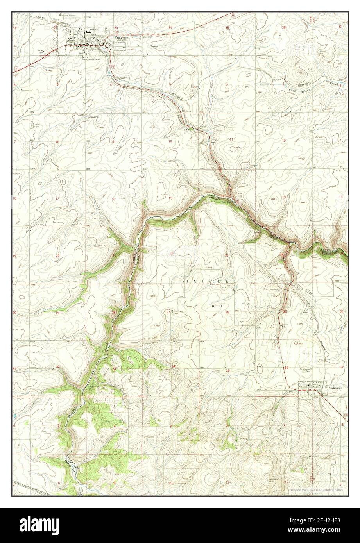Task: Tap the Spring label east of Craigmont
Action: (154, 45)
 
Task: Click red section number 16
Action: (114, 199)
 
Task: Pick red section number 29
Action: (57, 313)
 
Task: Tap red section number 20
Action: (57, 256)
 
